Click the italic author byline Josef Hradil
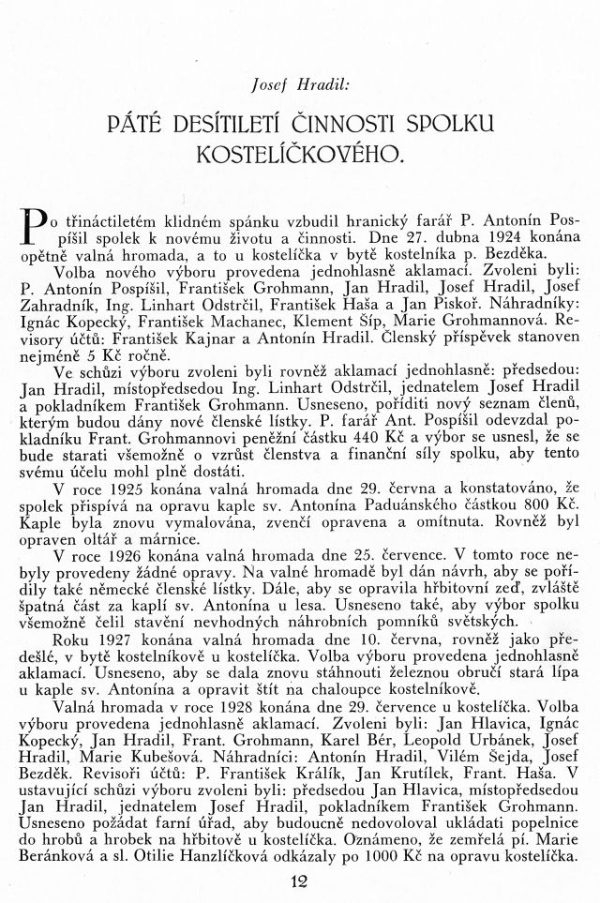tap(300, 84)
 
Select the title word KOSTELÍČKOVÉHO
tap(299, 154)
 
